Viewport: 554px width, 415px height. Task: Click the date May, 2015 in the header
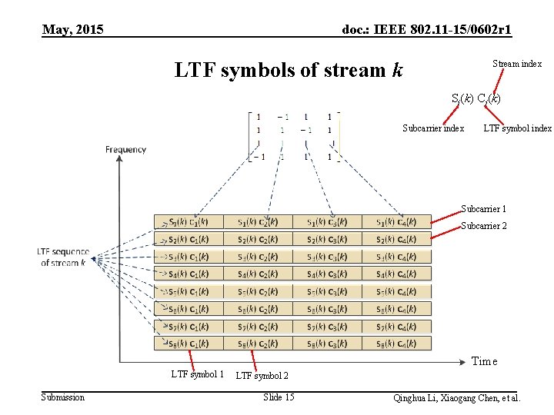point(73,30)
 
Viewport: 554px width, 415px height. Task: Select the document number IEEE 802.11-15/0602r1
point(427,30)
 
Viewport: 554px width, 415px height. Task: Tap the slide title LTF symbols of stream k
point(289,71)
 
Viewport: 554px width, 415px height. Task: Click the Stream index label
point(517,64)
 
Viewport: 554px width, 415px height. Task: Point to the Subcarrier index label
point(433,128)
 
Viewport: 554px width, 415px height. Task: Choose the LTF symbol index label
point(517,128)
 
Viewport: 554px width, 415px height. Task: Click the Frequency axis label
point(126,149)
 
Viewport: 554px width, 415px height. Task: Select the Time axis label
point(484,361)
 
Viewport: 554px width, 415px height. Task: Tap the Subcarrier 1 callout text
point(483,209)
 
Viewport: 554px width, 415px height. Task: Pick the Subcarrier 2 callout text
point(483,226)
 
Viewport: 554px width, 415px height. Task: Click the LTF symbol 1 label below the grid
point(198,374)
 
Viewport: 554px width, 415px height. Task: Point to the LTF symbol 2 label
point(262,376)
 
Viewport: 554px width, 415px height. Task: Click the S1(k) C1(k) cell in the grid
point(189,222)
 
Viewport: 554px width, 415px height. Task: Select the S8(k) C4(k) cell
point(396,343)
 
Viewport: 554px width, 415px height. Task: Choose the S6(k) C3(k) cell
point(327,308)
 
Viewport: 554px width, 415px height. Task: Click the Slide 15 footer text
point(279,397)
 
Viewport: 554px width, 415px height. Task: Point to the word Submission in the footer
point(63,397)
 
